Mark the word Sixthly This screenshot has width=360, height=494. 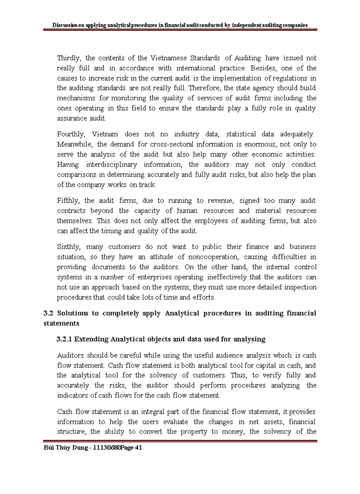(69, 247)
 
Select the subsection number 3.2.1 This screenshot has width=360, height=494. (66, 339)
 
